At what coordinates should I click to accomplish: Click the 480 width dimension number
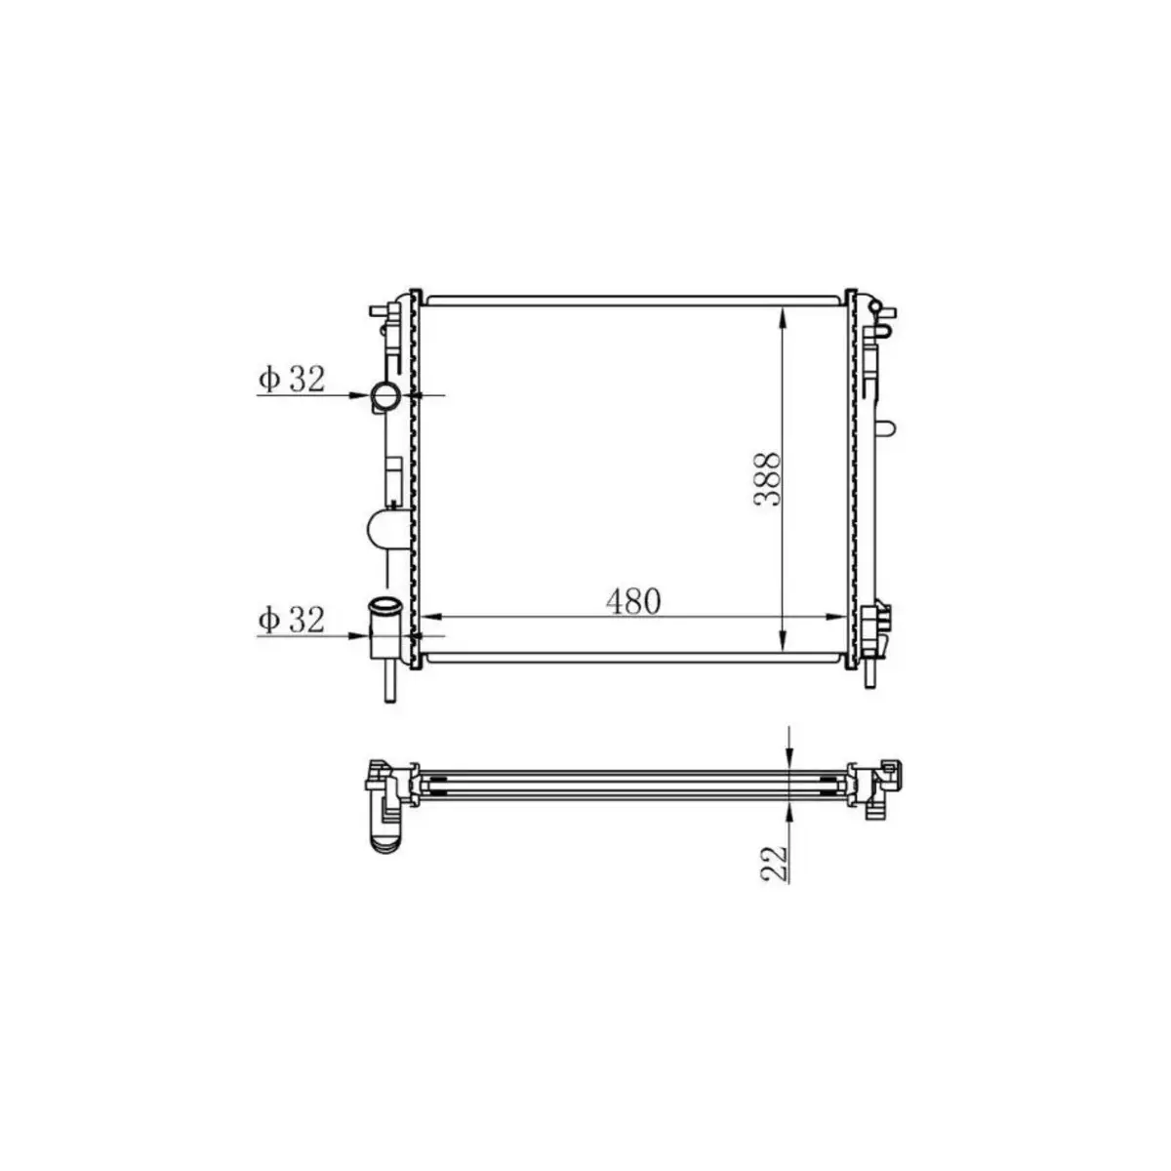633,602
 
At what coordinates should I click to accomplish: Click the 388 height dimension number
767,478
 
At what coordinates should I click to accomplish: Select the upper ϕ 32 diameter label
291,380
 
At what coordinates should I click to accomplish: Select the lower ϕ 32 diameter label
291,620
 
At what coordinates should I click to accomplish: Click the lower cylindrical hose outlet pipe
384,624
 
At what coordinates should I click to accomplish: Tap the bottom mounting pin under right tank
870,675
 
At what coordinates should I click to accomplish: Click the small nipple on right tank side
886,428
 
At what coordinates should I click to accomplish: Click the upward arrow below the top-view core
789,812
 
